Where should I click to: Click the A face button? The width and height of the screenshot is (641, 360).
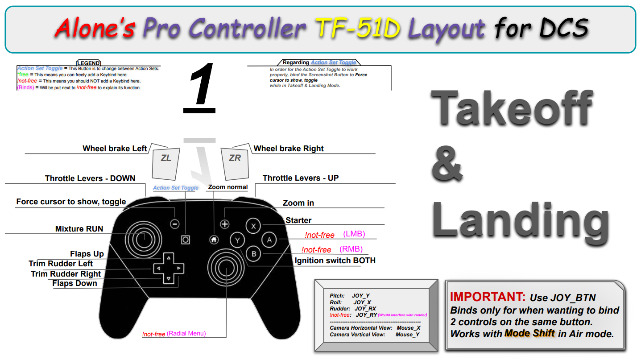[269, 240]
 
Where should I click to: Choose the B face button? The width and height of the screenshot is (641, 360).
[253, 254]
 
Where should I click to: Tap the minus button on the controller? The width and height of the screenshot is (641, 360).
[175, 224]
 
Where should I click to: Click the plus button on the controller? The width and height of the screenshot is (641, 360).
[225, 224]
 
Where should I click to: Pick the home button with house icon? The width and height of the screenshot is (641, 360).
[214, 240]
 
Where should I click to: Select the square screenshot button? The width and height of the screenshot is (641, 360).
[186, 240]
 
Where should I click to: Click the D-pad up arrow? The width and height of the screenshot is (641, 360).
[168, 258]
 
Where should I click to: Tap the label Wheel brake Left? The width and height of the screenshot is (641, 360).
[115, 149]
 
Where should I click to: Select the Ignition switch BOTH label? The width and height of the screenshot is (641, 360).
[335, 261]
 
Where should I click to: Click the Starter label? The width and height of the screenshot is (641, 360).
[298, 220]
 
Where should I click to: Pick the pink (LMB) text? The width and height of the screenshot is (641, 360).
[354, 234]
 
